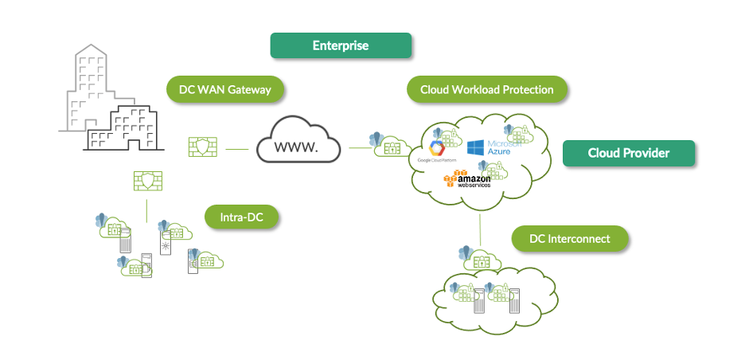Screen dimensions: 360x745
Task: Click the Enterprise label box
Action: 341,45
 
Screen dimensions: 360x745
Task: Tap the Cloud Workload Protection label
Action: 487,90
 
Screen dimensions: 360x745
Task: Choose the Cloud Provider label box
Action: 629,153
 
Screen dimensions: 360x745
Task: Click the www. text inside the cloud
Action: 297,148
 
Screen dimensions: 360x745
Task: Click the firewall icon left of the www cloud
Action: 202,148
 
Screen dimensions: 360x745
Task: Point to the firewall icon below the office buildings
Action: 146,182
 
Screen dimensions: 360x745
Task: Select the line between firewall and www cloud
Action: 237,148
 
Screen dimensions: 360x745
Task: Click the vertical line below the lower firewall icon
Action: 146,209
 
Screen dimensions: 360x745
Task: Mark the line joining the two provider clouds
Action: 480,231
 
